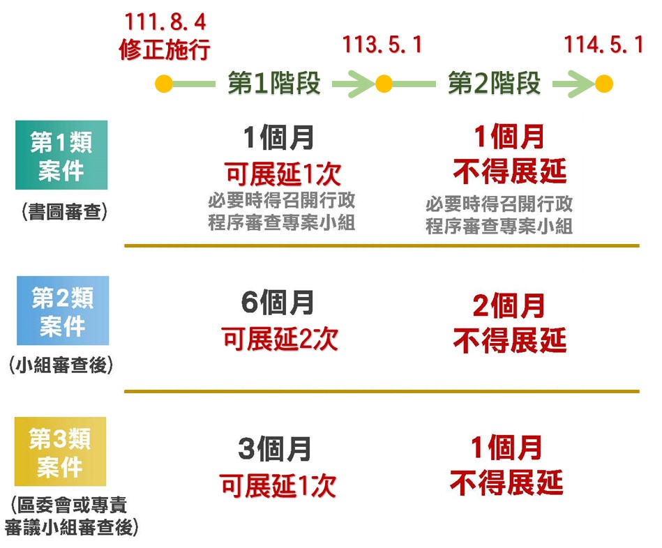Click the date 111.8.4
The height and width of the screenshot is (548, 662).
click(165, 22)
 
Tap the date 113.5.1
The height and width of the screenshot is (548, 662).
click(382, 45)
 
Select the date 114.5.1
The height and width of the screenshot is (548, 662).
click(603, 45)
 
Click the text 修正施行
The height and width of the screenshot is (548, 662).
click(165, 50)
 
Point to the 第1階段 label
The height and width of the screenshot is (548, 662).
click(274, 83)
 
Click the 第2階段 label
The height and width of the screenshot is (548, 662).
click(494, 83)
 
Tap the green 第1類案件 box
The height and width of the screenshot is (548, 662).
click(61, 155)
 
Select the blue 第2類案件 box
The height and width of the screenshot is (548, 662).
click(63, 310)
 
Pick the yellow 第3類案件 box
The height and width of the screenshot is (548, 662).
click(61, 451)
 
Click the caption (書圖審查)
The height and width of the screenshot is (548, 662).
click(64, 212)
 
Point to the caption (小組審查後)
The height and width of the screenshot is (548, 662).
click(61, 365)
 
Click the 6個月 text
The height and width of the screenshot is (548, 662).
click(278, 303)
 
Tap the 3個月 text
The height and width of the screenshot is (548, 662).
click(275, 449)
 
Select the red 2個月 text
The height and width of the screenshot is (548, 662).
click(509, 305)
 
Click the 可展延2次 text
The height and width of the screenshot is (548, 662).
click(280, 339)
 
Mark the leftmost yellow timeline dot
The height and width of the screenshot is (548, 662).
click(164, 84)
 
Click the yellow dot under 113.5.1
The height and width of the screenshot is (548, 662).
click(384, 84)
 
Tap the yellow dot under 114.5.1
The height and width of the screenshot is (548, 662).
click(603, 84)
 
